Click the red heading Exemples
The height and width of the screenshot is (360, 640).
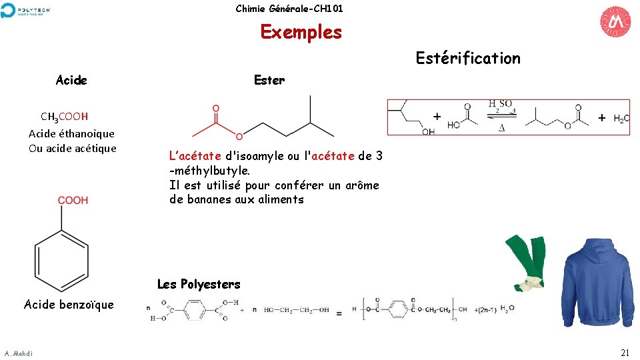[x=301, y=32]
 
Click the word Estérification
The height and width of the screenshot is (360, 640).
[x=468, y=59]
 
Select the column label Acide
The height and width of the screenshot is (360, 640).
[x=71, y=81]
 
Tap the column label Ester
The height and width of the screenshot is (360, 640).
[x=269, y=81]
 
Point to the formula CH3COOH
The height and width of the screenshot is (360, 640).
[x=64, y=117]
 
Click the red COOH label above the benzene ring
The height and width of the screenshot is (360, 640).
[x=73, y=200]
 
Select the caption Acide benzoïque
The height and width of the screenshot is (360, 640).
[x=69, y=305]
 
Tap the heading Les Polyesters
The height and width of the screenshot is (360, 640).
[x=199, y=284]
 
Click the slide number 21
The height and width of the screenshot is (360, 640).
[x=625, y=353]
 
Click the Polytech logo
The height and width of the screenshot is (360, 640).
[x=26, y=10]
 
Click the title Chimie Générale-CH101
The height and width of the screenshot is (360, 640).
[x=289, y=9]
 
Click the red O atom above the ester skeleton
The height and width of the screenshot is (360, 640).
[x=215, y=108]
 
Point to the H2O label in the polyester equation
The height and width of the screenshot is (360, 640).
[x=507, y=309]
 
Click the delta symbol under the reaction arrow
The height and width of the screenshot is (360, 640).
[x=501, y=127]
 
